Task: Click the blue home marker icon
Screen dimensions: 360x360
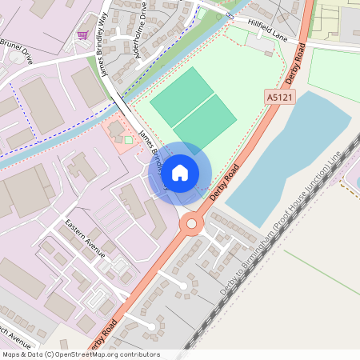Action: (180, 172)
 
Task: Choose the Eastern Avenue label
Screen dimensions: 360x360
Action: (85, 238)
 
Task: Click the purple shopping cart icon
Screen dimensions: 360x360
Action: (82, 35)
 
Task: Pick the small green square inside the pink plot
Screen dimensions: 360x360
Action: (128, 140)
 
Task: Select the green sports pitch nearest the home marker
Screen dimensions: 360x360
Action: (206, 124)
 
